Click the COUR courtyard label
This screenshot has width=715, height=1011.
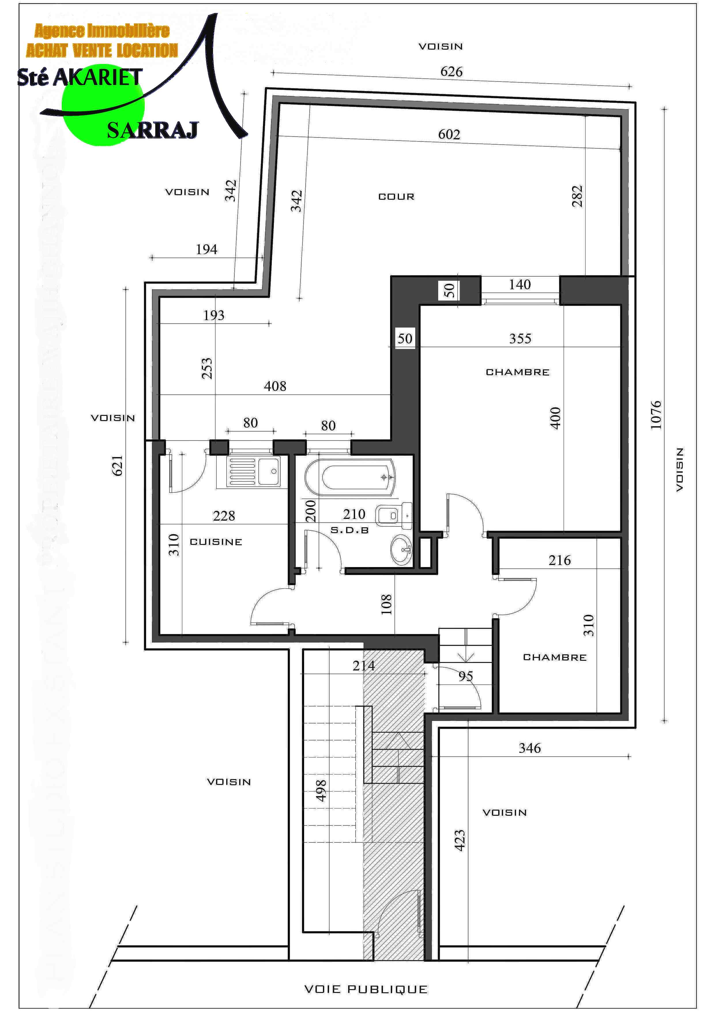[x=396, y=197]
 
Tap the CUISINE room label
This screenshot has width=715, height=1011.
[x=216, y=542]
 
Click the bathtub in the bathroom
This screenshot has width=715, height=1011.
[x=350, y=476]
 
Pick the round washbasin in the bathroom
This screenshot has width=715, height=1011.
[x=401, y=549]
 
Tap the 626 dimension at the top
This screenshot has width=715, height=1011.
[x=451, y=72]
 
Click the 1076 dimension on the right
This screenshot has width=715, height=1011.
[x=656, y=415]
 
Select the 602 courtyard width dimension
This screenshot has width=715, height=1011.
[x=449, y=134]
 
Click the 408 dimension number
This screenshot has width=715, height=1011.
[x=275, y=386]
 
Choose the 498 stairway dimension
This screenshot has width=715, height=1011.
[x=321, y=790]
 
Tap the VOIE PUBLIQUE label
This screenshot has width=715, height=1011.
[x=366, y=989]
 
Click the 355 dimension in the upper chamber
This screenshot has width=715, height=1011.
[x=520, y=339]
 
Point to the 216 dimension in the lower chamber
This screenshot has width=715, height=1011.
[x=560, y=561]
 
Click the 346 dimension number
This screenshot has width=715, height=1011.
[x=530, y=748]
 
